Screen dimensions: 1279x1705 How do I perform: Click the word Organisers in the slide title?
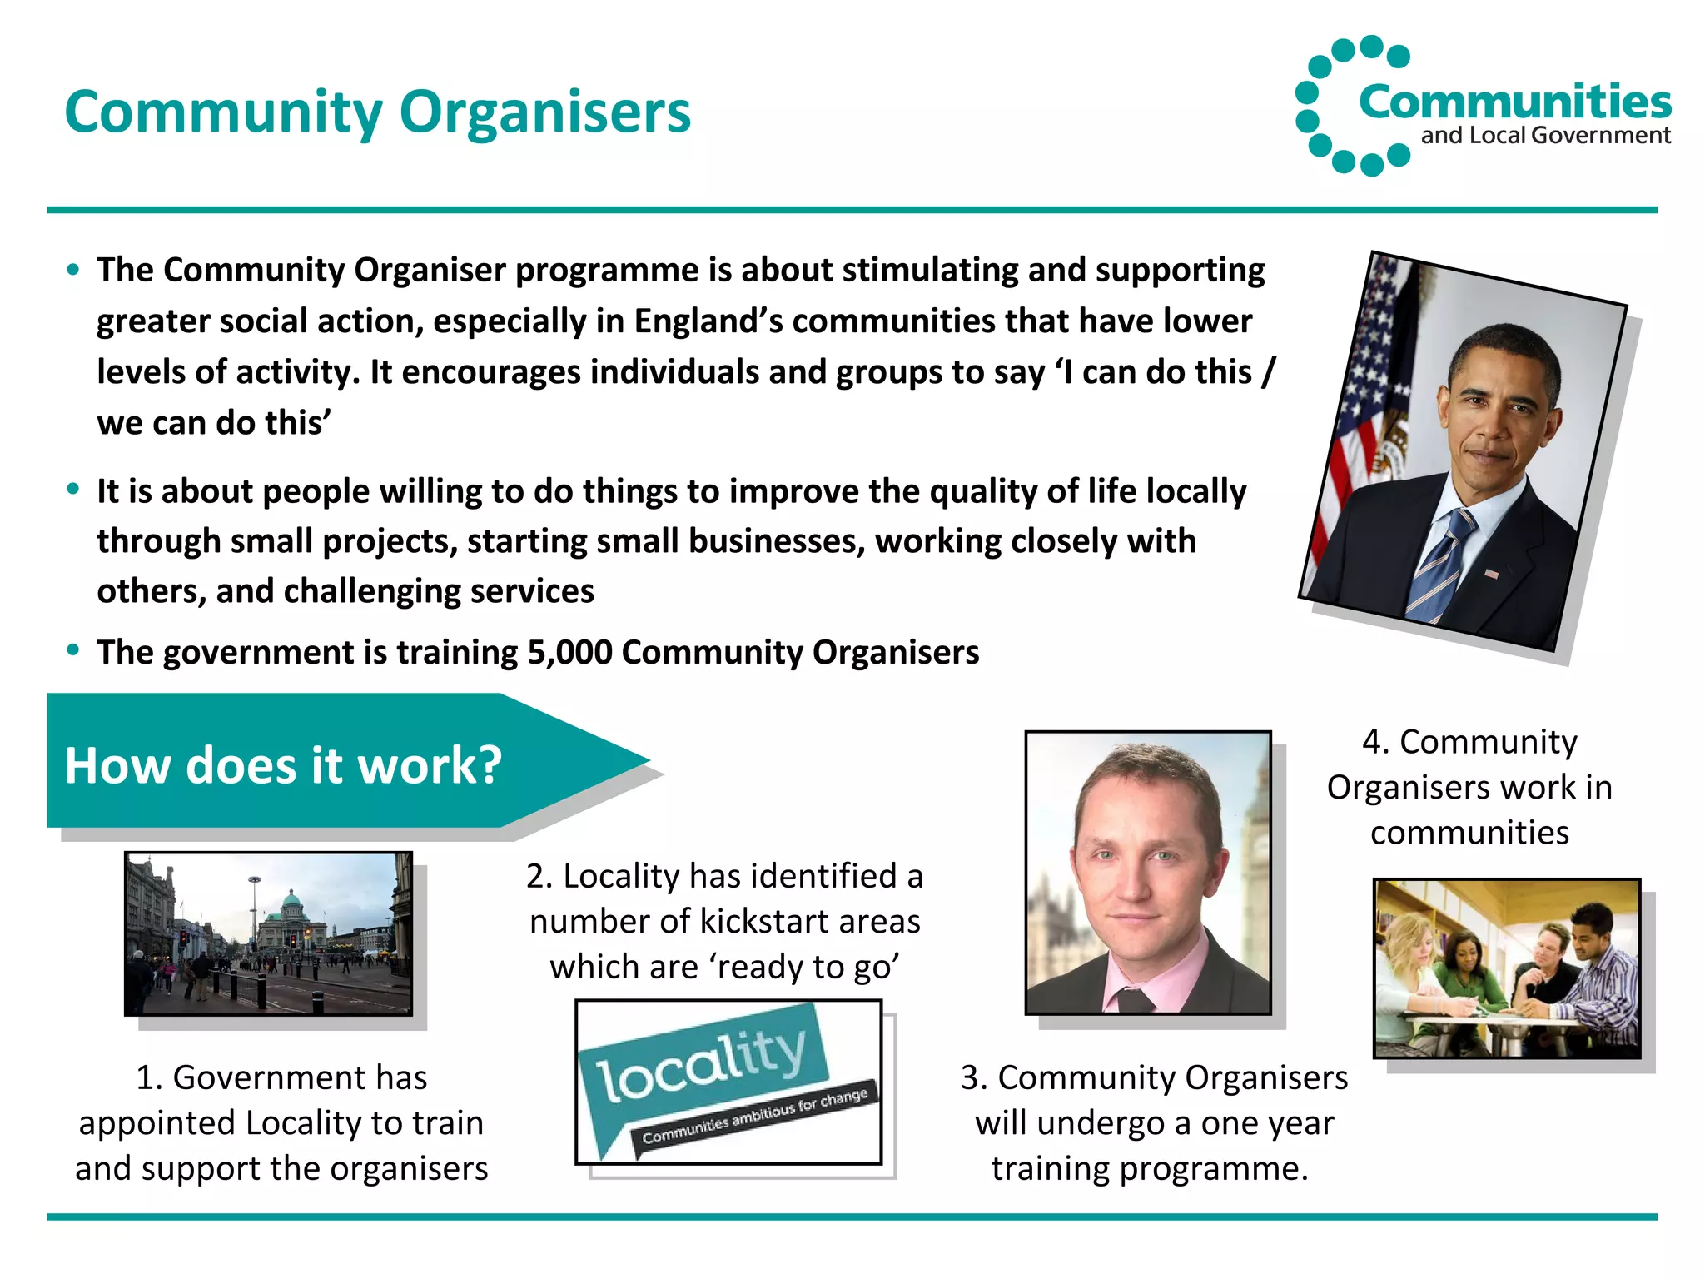click(545, 112)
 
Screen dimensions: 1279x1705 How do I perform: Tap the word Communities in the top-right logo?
click(1514, 102)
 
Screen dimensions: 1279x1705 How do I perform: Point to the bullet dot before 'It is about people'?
click(73, 489)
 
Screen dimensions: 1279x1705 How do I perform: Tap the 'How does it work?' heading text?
click(283, 765)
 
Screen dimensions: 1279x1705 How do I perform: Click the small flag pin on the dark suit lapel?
click(1491, 574)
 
